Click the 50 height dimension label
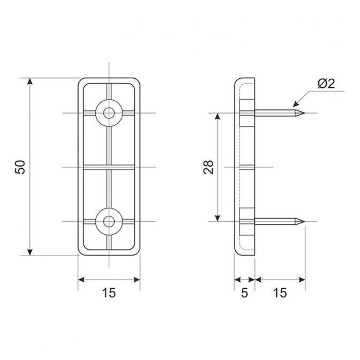pos(20,167)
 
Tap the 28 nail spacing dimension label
pos(209,167)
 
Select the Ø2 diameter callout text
pos(326,84)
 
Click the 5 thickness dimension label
pos(245,292)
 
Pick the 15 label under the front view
pos(109,292)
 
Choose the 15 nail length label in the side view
pos(280,292)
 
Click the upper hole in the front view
pos(109,113)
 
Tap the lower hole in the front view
pos(109,222)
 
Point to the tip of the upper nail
pos(305,113)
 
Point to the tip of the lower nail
pos(305,222)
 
